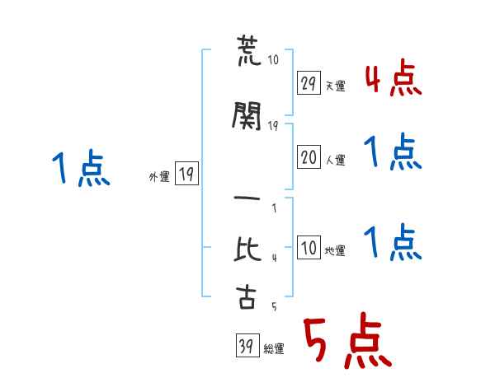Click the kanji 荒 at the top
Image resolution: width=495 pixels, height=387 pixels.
click(x=248, y=50)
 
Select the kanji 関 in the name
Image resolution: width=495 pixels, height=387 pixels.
click(x=247, y=115)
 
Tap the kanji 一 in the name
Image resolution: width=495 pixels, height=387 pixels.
click(x=247, y=198)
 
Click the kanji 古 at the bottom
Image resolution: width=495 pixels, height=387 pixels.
click(x=246, y=296)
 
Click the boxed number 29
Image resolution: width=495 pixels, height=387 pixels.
click(x=309, y=82)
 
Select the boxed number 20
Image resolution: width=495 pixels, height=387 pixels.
click(x=309, y=156)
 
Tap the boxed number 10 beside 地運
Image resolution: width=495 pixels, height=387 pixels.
click(x=309, y=247)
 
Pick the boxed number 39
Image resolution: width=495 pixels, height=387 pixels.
click(x=247, y=345)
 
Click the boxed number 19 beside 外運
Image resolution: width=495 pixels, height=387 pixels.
click(x=186, y=173)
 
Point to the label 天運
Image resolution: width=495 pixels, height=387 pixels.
click(x=335, y=86)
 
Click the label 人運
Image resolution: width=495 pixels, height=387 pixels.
click(x=335, y=160)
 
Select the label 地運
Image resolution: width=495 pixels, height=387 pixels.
click(x=335, y=250)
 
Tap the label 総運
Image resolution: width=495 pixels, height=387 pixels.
click(x=274, y=348)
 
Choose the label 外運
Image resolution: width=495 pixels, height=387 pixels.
click(x=159, y=176)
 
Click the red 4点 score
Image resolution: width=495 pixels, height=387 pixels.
click(x=394, y=77)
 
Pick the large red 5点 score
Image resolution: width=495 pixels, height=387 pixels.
click(x=348, y=340)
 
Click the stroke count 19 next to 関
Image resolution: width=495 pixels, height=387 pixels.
click(x=273, y=126)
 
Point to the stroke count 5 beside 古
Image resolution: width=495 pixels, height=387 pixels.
click(x=275, y=306)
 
